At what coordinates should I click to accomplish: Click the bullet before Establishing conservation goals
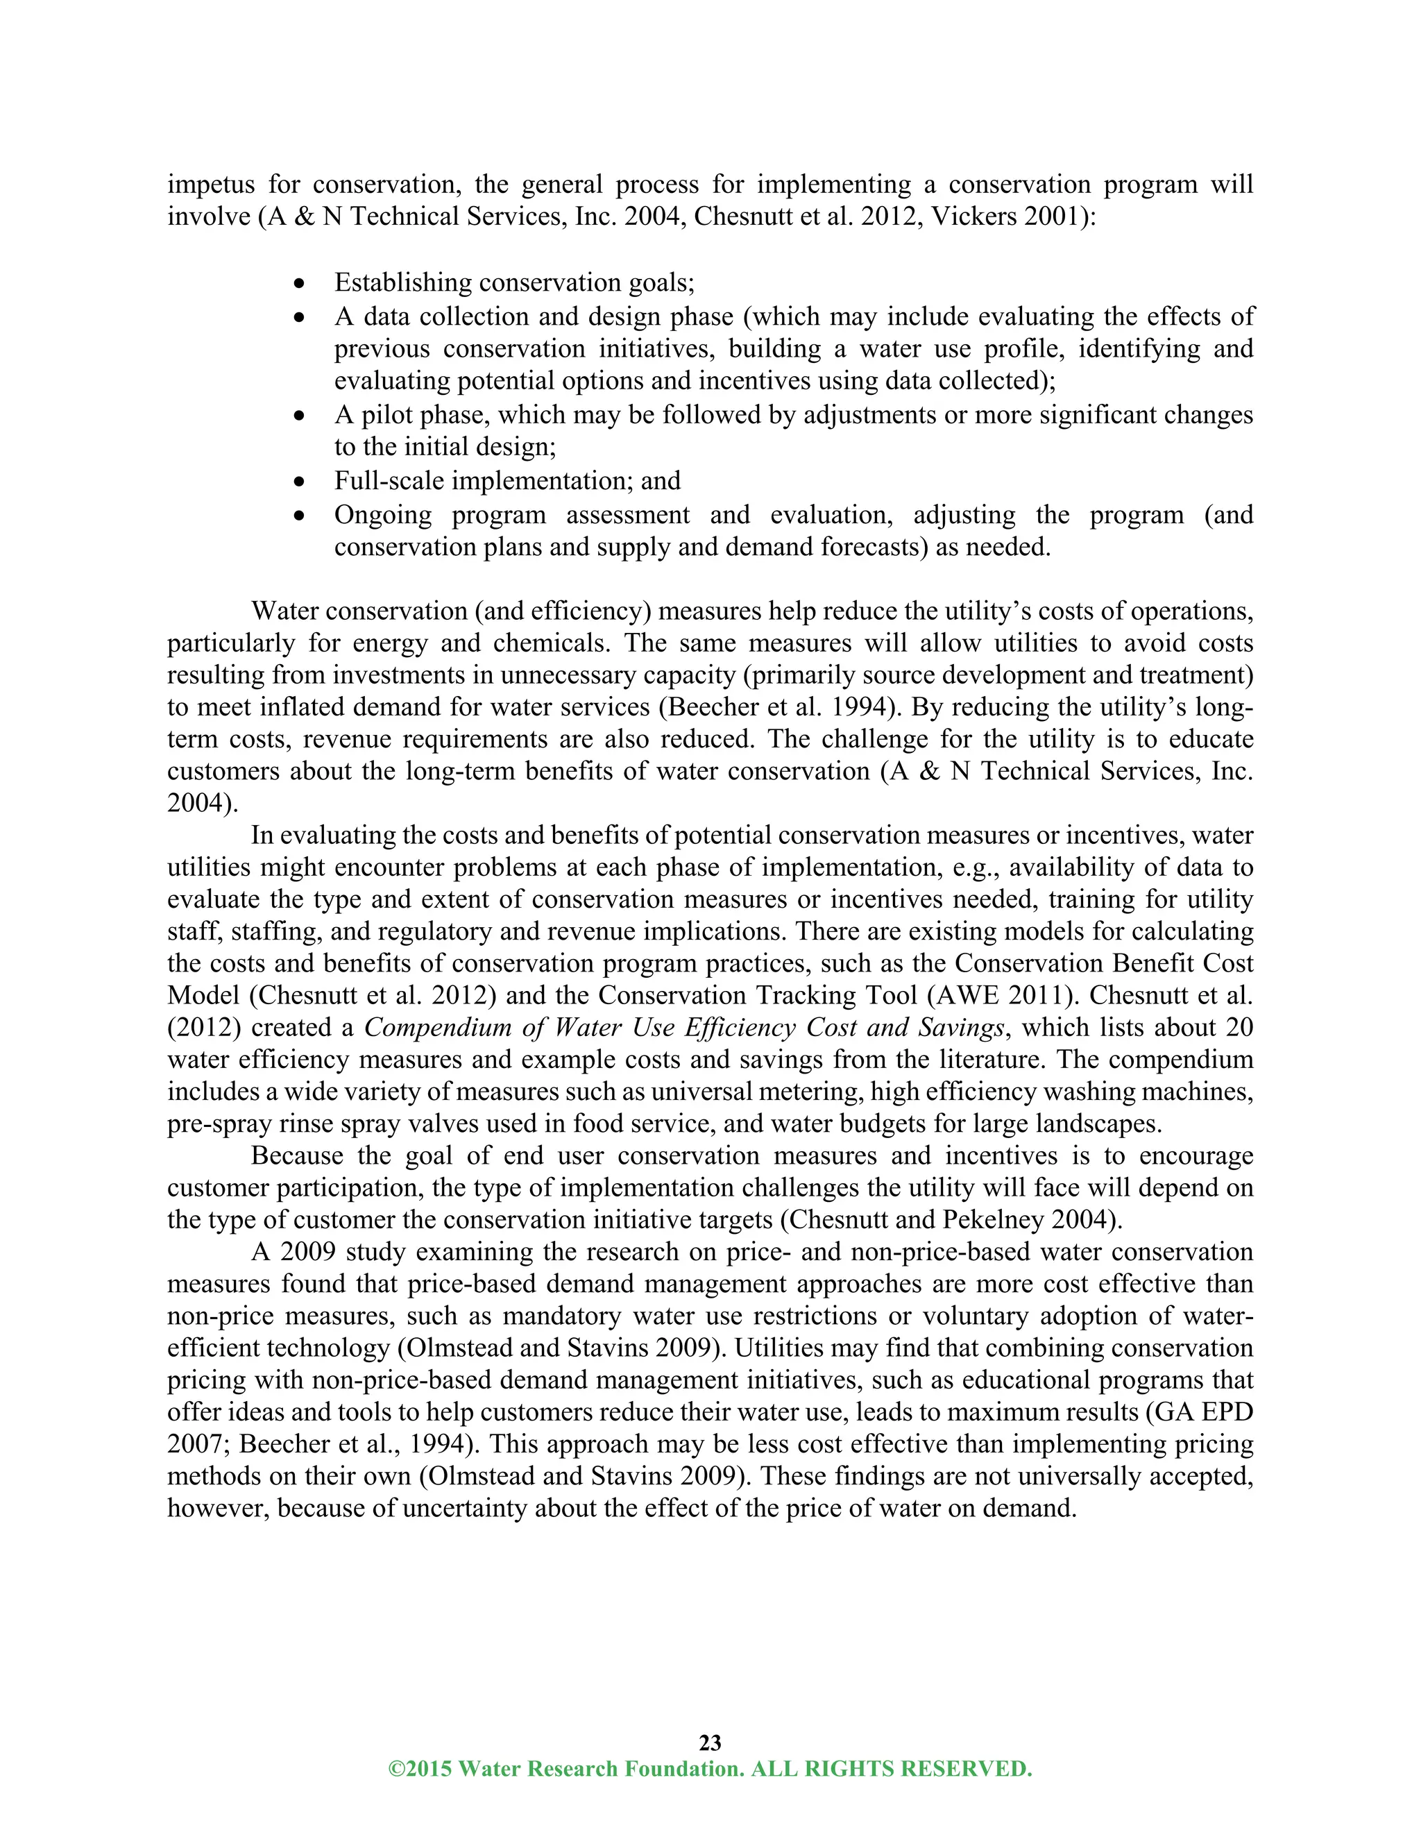299,285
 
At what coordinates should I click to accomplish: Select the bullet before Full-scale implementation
299,483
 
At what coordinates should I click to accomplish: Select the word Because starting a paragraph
296,1156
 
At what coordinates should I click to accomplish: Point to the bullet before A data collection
299,319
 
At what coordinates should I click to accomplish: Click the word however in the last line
217,1508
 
